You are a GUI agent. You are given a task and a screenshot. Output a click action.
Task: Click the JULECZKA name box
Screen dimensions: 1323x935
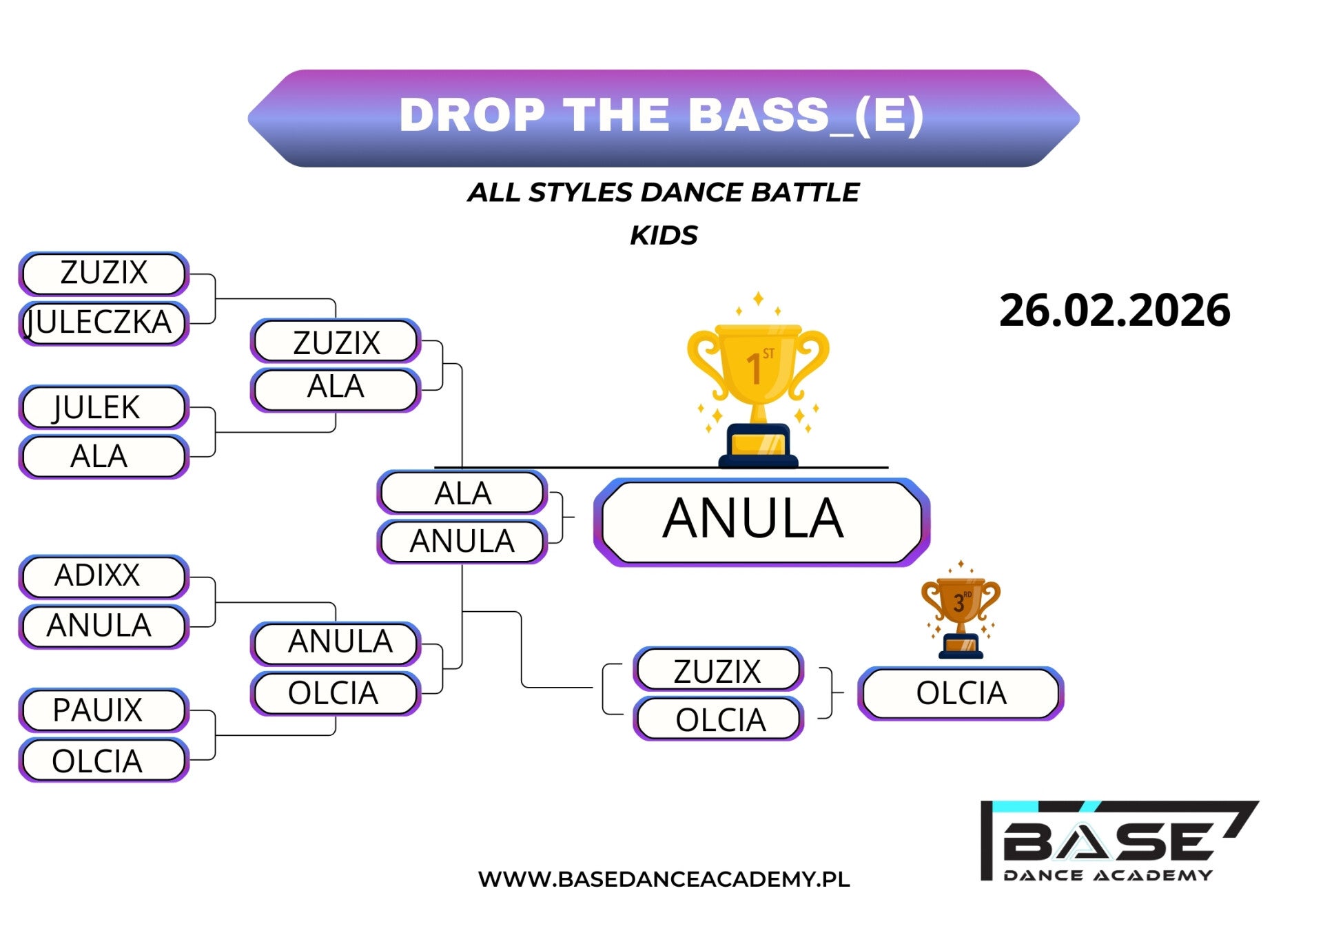point(103,322)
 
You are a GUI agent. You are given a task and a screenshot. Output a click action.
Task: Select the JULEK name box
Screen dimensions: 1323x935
point(103,407)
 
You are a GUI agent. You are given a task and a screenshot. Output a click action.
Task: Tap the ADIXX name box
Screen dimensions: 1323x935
point(103,576)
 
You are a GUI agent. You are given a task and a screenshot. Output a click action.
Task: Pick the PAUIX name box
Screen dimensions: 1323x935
point(103,710)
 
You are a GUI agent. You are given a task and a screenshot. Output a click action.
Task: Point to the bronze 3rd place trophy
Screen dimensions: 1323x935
point(961,610)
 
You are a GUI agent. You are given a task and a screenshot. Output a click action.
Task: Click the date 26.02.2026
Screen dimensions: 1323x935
point(1114,310)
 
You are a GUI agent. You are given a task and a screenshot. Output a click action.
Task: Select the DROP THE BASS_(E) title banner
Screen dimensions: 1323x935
point(663,118)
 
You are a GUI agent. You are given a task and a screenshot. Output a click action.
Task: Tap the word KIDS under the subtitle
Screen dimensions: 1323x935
point(664,236)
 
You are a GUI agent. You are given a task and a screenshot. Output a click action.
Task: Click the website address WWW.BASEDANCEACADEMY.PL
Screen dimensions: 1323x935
point(664,879)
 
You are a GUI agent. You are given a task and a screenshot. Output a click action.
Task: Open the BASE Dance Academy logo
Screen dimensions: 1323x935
point(1119,841)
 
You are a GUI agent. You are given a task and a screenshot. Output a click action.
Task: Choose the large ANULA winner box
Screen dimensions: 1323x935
point(761,522)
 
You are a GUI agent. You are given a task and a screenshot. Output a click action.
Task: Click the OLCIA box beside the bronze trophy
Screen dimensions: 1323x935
point(961,693)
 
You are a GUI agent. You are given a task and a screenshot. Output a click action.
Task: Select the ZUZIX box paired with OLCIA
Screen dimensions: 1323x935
point(718,670)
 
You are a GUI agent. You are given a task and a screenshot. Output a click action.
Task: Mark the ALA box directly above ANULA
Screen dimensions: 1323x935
point(462,493)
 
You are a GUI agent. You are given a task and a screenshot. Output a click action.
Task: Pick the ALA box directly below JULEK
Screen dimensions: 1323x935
point(103,456)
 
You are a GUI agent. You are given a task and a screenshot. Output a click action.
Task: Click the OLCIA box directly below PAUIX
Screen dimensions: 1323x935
point(103,760)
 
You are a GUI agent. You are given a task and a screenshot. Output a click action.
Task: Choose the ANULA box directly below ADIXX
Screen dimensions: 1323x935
point(103,626)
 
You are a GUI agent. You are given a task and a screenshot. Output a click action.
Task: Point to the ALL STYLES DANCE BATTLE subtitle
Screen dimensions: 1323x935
point(664,192)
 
